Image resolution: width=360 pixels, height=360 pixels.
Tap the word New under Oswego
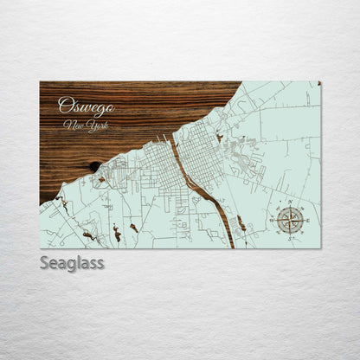click(73, 125)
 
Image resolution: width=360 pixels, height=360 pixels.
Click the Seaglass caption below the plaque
click(72, 262)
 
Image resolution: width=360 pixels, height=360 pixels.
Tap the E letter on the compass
click(305, 222)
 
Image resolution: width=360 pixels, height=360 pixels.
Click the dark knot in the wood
click(93, 166)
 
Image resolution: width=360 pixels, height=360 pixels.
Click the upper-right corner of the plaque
click(319, 83)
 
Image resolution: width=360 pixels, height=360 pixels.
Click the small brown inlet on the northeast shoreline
click(220, 136)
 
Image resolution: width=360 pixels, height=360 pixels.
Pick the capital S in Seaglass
click(44, 262)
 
